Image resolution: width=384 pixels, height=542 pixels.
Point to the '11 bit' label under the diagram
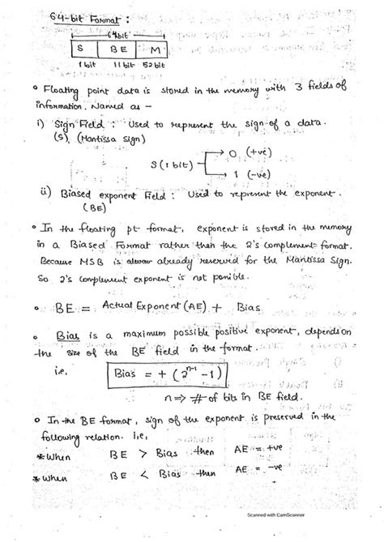click(x=123, y=63)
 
